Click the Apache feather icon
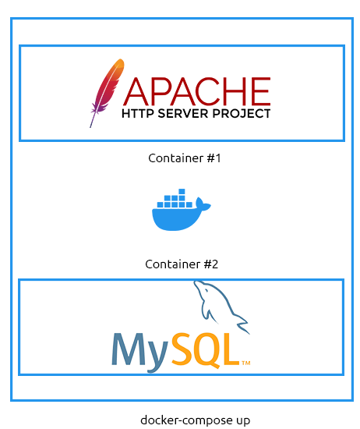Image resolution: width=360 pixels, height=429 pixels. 107,93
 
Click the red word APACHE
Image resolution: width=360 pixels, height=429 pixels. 197,91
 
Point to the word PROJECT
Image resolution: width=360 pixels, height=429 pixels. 242,113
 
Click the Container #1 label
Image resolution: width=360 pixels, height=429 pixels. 184,158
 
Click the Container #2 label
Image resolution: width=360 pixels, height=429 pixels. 182,264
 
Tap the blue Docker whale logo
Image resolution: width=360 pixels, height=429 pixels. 182,210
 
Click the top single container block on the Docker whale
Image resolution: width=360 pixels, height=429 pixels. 182,191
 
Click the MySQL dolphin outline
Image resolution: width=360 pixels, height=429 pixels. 221,306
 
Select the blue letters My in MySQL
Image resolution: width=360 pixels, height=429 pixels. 139,353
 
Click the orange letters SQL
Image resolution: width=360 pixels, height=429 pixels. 205,350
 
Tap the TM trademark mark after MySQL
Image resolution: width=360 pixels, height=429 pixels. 246,363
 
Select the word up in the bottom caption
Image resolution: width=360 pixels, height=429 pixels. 242,421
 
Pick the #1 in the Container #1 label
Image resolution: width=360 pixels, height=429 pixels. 214,158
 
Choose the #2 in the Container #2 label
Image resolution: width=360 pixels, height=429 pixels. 211,264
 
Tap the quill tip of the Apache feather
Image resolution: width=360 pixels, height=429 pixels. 90,127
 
